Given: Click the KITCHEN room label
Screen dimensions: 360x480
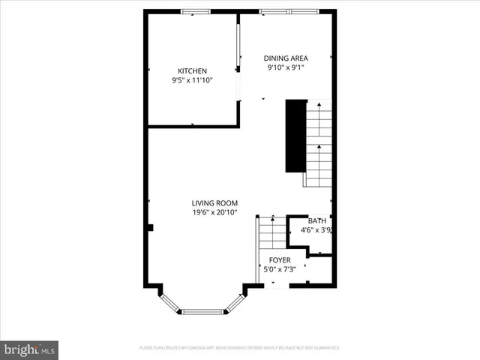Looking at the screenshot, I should click(x=192, y=71).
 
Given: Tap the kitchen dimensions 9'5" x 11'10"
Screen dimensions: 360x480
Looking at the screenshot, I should click(x=192, y=80).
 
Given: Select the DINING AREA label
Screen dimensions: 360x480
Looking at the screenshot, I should click(x=285, y=58).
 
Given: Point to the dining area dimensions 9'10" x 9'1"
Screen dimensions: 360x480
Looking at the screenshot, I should click(x=285, y=67).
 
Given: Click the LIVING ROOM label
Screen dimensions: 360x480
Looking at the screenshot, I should click(x=214, y=203).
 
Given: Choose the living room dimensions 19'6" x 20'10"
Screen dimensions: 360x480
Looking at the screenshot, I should click(x=214, y=213).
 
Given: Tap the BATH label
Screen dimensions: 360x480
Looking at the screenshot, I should click(x=316, y=220).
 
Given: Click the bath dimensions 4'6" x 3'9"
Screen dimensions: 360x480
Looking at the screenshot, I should click(x=316, y=230).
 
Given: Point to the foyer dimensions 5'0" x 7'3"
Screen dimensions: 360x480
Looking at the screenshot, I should click(x=280, y=269).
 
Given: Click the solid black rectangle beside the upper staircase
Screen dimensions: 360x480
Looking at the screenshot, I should click(x=295, y=136).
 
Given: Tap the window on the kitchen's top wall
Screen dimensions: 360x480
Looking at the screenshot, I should click(x=196, y=11).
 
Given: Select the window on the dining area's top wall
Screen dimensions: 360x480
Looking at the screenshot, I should click(x=286, y=11).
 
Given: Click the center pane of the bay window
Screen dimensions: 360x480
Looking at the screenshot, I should click(x=202, y=310).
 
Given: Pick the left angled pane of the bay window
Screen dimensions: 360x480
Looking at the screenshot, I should click(x=170, y=301).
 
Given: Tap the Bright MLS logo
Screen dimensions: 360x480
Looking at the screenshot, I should click(x=30, y=349).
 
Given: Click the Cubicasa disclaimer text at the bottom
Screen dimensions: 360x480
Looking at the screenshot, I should click(x=240, y=348).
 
